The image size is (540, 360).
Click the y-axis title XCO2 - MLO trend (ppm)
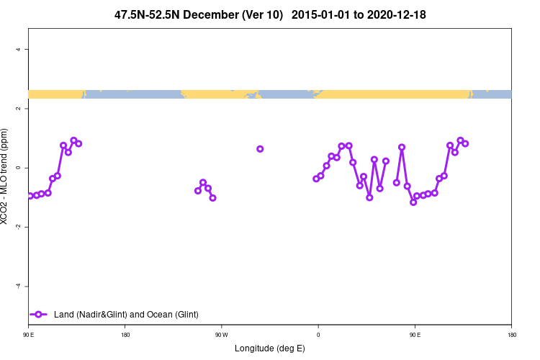coord(6,176)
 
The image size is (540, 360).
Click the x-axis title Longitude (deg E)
coord(270,348)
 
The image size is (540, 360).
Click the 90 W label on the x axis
coord(221,335)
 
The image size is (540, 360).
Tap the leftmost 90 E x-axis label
coord(28,335)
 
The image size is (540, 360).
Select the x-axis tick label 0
coord(318,335)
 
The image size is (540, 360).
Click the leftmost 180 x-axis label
coord(125,335)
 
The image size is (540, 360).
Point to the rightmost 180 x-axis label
coord(511,335)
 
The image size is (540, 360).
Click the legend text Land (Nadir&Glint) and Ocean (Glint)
coord(126,315)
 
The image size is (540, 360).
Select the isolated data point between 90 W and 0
coord(260,149)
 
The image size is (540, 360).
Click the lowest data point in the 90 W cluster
coord(212,197)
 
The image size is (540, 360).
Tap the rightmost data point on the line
coord(465,143)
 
